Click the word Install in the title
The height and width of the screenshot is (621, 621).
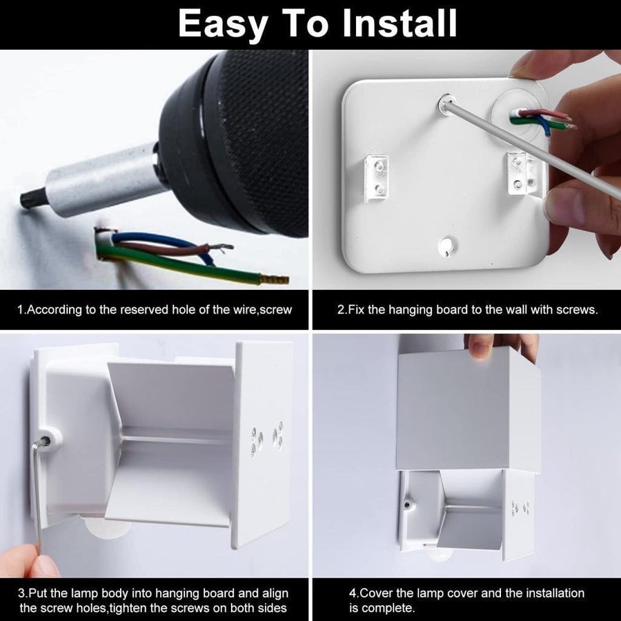[x=400, y=23]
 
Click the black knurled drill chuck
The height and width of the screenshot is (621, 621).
[x=241, y=143]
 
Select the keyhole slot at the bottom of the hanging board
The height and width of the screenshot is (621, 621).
[x=447, y=247]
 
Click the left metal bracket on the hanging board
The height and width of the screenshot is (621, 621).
[x=377, y=178]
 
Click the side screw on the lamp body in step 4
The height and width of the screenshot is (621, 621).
[x=406, y=504]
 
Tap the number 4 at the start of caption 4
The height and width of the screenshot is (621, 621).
[x=353, y=593]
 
